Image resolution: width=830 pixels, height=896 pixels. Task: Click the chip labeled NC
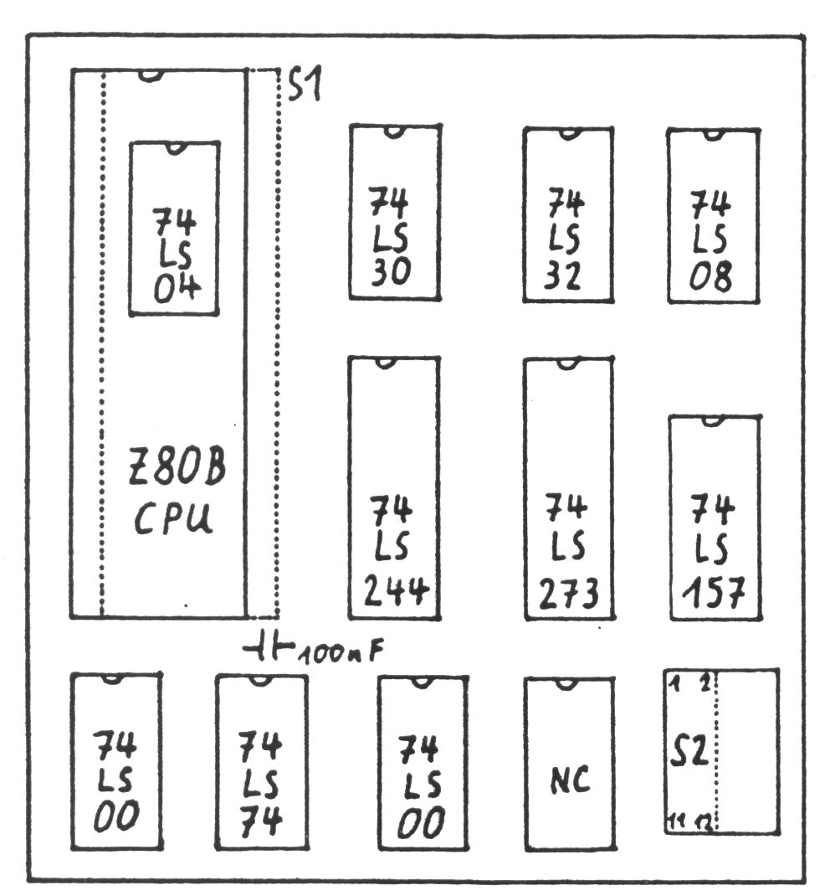569,780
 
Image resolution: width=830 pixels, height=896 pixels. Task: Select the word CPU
174,519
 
